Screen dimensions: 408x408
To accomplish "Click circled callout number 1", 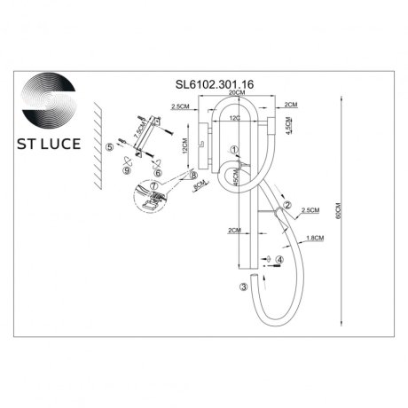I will point(233,151).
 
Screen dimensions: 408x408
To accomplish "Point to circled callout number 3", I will point(242,286).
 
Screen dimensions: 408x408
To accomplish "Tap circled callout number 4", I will point(279,260).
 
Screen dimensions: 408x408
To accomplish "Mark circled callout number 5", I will point(109,146).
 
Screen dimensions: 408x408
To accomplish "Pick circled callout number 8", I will point(192,176).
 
